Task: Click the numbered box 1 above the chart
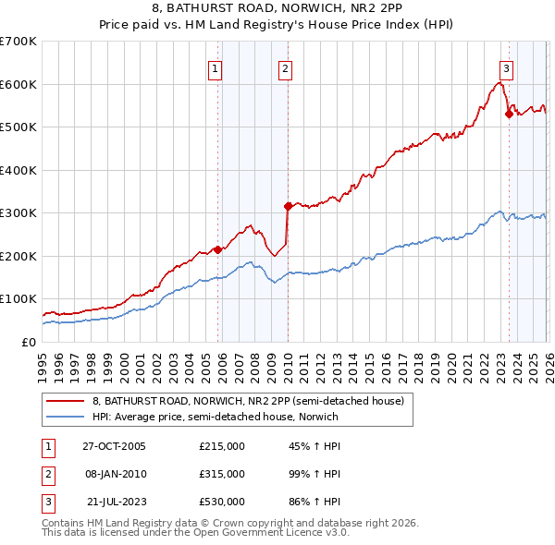215,67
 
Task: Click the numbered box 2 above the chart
285,67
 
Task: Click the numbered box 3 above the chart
507,67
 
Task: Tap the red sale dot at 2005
218,249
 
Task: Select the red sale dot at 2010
288,206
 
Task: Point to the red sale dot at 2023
509,115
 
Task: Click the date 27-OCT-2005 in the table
114,446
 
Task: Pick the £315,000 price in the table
222,473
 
